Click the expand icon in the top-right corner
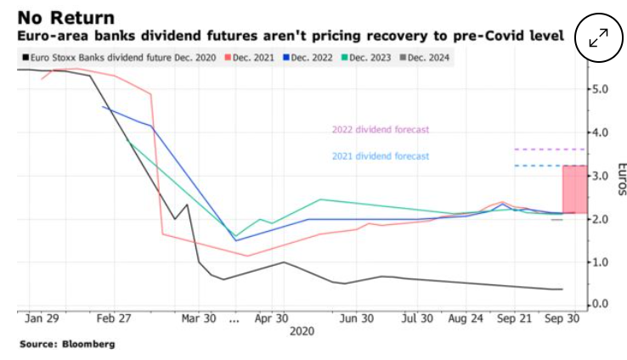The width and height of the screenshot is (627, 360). [x=598, y=37]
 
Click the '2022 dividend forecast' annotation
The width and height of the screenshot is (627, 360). [x=380, y=130]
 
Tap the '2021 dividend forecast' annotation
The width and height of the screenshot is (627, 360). [x=380, y=156]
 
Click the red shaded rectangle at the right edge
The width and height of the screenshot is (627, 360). [x=573, y=189]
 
